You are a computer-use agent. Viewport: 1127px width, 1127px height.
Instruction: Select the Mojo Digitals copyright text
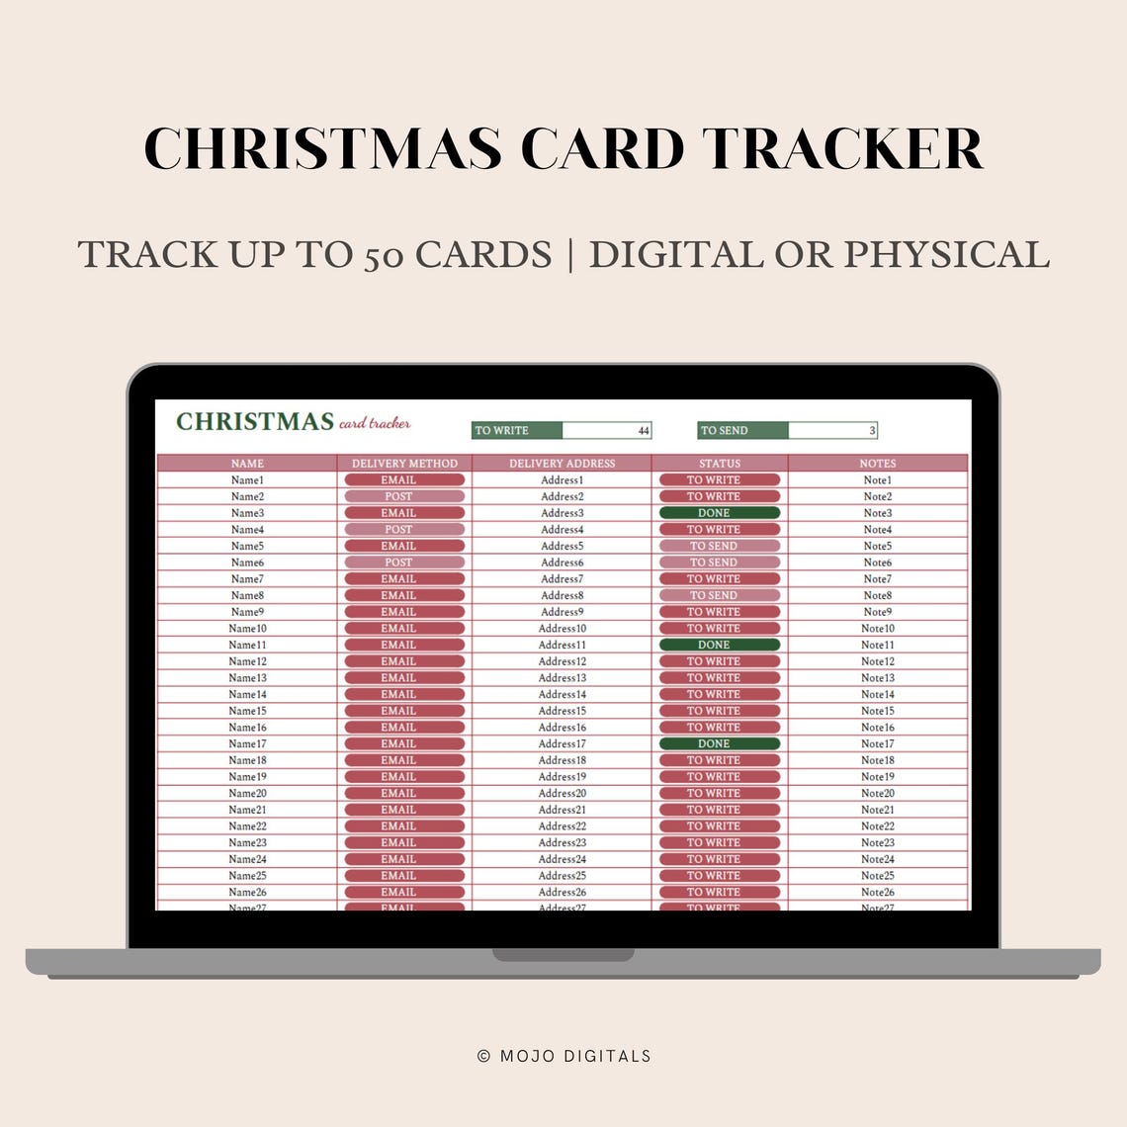point(563,1056)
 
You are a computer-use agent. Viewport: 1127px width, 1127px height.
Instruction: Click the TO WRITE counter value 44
point(643,431)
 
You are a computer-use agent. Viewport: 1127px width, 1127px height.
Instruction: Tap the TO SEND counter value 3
point(871,431)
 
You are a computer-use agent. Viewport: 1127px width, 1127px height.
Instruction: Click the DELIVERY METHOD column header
point(404,463)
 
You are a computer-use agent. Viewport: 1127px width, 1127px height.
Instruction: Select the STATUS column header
point(719,463)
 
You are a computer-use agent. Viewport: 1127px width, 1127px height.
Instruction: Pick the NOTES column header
point(877,463)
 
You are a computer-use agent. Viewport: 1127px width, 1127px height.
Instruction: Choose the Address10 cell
point(562,629)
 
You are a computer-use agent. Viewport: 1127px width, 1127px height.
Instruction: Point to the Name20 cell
point(247,793)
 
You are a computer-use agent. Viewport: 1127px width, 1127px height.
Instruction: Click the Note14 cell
point(877,694)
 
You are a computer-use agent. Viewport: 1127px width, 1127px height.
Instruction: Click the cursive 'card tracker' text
point(375,423)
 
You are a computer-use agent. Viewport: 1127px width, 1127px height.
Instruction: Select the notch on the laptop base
point(563,955)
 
